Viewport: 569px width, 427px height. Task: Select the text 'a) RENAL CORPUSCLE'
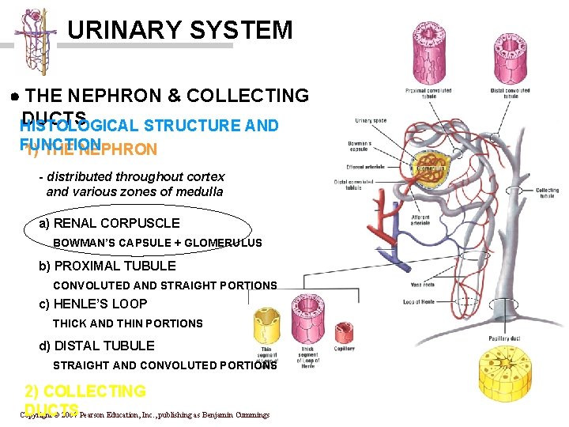click(x=109, y=223)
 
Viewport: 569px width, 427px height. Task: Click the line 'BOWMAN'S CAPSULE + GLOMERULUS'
click(x=157, y=243)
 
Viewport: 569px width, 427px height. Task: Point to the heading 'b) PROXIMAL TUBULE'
click(x=107, y=266)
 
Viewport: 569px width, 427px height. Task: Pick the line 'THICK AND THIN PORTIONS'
click(x=127, y=323)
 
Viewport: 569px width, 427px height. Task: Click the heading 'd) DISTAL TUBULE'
click(x=96, y=346)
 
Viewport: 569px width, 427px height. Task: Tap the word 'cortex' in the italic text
click(x=205, y=176)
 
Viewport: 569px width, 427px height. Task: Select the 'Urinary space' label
click(x=371, y=121)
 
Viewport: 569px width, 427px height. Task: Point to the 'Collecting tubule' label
click(x=547, y=193)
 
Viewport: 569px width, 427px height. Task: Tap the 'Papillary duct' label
click(x=504, y=338)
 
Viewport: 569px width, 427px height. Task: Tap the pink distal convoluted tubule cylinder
click(x=508, y=55)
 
